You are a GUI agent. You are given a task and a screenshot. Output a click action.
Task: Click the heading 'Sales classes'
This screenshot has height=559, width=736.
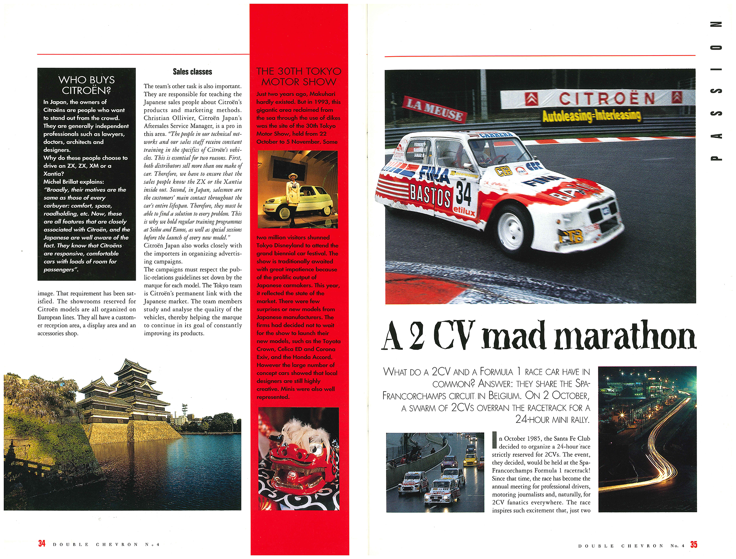click(x=192, y=72)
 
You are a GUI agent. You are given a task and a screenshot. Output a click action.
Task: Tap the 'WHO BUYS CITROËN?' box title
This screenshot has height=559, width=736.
click(x=86, y=85)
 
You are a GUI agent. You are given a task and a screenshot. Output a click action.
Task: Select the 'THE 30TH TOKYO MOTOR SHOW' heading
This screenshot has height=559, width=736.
click(x=299, y=77)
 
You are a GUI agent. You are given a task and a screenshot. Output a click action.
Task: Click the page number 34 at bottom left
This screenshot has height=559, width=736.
click(x=42, y=544)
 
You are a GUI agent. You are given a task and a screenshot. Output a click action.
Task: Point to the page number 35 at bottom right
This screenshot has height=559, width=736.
click(x=694, y=544)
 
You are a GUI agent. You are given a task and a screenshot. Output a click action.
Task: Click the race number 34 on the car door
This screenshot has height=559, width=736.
click(x=463, y=194)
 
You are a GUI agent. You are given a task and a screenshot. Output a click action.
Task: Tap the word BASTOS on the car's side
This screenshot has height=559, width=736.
click(x=430, y=194)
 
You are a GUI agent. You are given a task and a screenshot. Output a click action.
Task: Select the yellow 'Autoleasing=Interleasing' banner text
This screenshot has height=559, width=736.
click(x=591, y=116)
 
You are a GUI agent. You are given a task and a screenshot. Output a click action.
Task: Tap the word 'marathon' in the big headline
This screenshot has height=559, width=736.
click(x=625, y=336)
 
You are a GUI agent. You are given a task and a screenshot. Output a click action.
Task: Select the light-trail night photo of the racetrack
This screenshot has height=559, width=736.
click(x=647, y=439)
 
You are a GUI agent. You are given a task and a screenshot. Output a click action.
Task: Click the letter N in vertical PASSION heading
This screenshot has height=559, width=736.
click(x=716, y=25)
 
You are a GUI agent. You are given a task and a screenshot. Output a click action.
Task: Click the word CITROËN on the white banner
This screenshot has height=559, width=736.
click(x=607, y=99)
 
